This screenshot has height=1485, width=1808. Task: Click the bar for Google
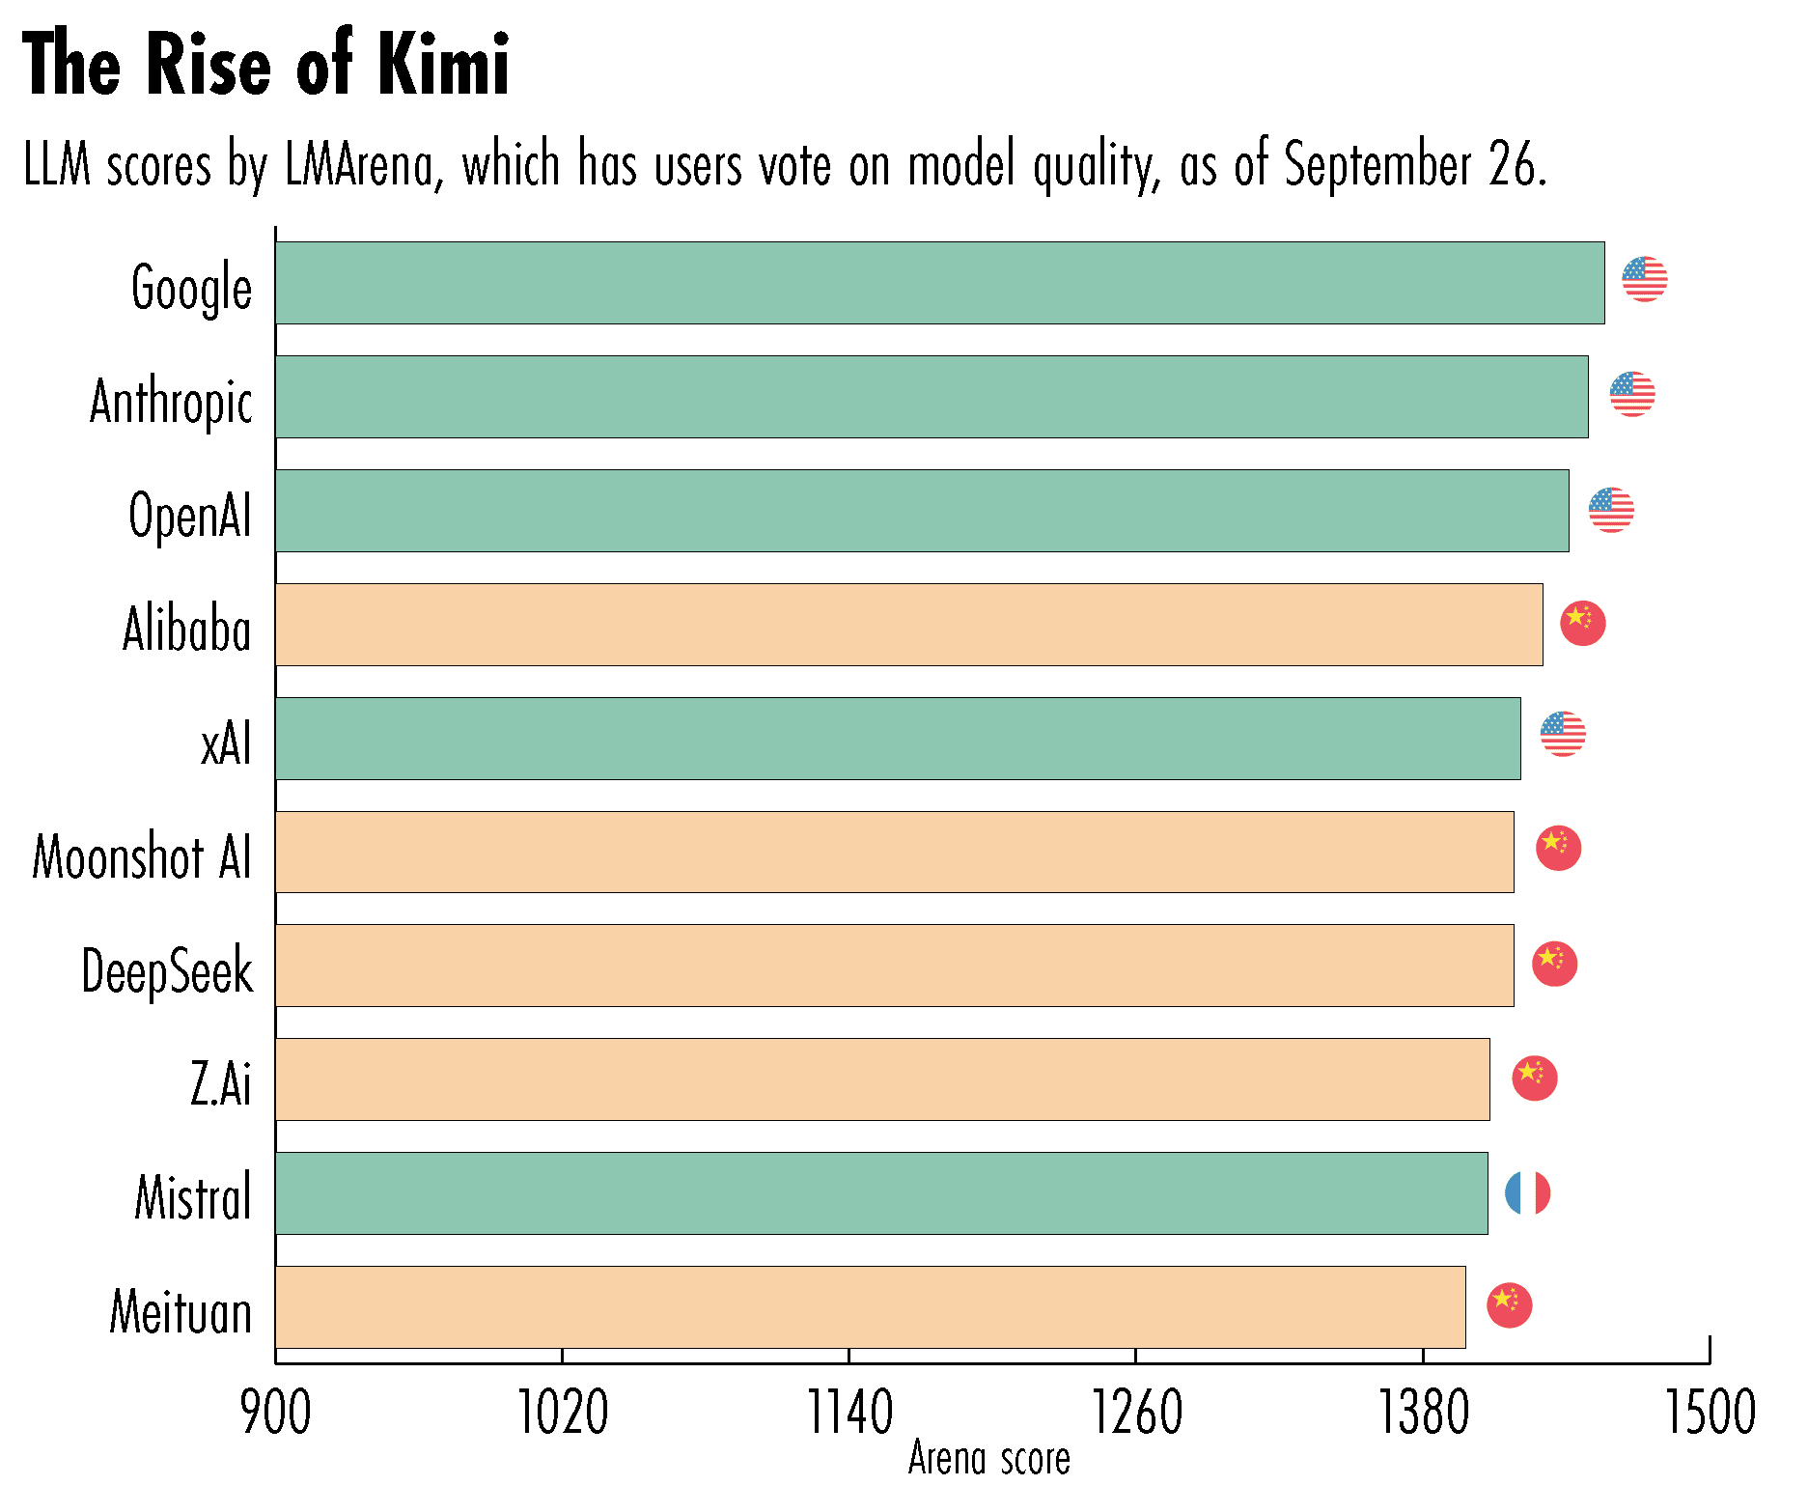[x=939, y=283]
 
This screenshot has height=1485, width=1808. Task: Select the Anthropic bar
[x=932, y=397]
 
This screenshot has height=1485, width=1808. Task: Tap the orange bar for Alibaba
[x=908, y=625]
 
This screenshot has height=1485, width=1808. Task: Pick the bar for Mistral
[x=881, y=1193]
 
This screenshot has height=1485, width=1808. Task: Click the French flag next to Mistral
[x=1527, y=1193]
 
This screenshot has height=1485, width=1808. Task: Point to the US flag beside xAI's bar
[x=1562, y=734]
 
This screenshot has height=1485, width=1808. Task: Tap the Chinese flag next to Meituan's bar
[x=1509, y=1305]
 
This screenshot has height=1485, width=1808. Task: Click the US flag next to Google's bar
[x=1644, y=280]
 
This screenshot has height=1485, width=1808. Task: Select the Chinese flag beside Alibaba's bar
[x=1582, y=623]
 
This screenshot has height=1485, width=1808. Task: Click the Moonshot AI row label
[x=142, y=857]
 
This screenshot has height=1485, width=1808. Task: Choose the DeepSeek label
[x=167, y=971]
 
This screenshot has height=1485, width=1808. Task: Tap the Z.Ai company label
[x=221, y=1084]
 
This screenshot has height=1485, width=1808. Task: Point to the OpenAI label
[x=190, y=516]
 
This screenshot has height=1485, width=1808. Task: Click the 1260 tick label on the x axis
[x=1136, y=1414]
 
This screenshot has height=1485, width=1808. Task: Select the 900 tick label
[x=276, y=1414]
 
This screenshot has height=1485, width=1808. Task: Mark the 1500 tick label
[x=1710, y=1414]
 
